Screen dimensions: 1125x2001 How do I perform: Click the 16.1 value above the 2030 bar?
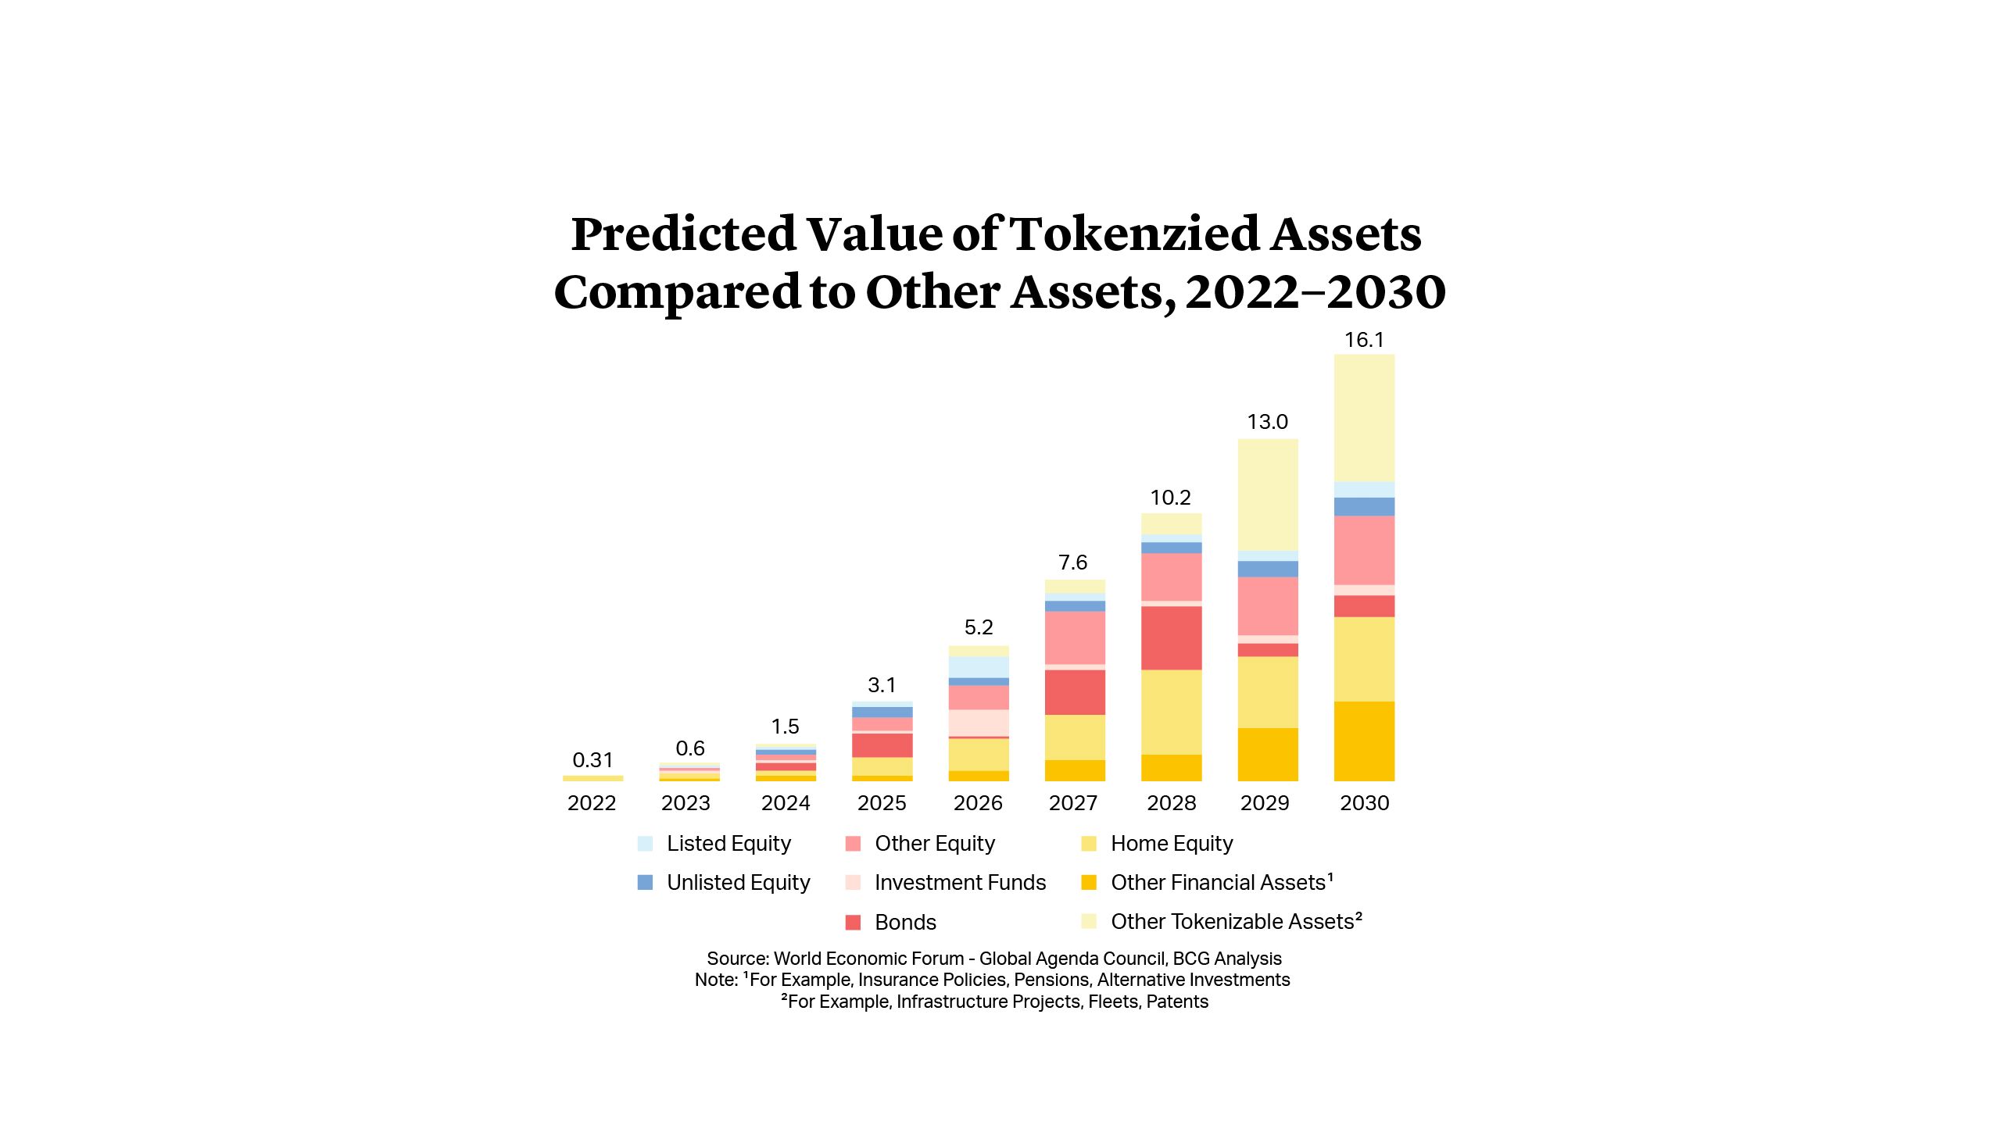(x=1364, y=340)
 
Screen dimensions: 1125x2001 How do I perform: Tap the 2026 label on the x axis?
(x=978, y=803)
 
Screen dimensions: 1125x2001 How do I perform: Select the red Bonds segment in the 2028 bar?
(x=1171, y=637)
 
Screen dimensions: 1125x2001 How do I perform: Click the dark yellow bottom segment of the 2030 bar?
(x=1364, y=741)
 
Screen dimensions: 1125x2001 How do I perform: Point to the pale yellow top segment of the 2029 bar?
(x=1268, y=494)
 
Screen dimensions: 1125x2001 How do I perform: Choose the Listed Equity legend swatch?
(x=645, y=844)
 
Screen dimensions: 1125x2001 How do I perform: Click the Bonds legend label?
(x=905, y=923)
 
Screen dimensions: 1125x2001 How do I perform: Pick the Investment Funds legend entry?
(x=960, y=883)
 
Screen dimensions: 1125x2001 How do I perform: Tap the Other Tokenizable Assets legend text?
(x=1235, y=922)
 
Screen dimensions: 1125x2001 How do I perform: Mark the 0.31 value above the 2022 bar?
(x=592, y=760)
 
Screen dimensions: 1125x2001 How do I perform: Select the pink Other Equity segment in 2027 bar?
(x=1075, y=637)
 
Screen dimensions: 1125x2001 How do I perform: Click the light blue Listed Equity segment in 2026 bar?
(x=979, y=666)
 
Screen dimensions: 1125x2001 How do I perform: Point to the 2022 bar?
(x=592, y=778)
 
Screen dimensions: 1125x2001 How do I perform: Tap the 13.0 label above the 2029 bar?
(x=1267, y=422)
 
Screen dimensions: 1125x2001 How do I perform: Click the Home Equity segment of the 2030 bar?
(x=1364, y=659)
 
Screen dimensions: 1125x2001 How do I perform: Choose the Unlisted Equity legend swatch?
(x=645, y=883)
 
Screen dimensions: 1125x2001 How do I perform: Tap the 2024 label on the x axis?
(x=786, y=803)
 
